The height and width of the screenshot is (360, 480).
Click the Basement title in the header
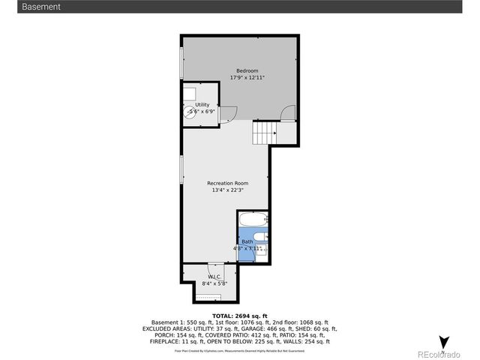pos(41,7)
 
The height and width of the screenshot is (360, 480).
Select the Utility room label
pos(202,105)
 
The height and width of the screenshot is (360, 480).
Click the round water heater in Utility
pos(190,111)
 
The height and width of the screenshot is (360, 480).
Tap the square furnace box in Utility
pos(189,93)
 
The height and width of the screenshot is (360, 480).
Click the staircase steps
pos(264,133)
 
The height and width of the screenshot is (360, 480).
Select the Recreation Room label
pos(228,183)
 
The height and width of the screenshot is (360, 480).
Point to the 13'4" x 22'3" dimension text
pos(228,190)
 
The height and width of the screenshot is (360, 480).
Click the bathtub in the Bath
pos(250,220)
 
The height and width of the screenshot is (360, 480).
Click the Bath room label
pos(247,241)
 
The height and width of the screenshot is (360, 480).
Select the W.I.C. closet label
pos(214,277)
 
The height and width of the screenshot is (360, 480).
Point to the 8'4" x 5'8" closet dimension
pos(214,283)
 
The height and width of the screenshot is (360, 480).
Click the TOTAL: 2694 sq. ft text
pos(240,316)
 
